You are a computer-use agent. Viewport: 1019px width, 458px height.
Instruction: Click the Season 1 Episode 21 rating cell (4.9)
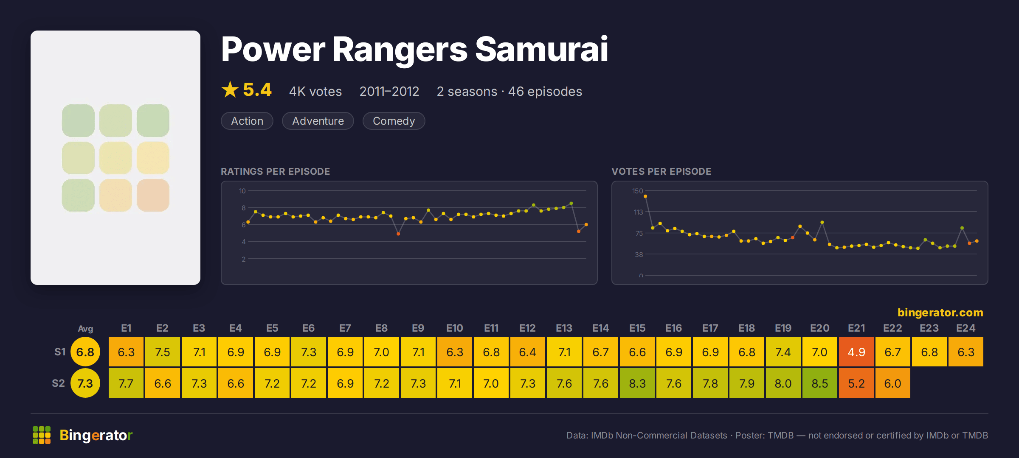856,352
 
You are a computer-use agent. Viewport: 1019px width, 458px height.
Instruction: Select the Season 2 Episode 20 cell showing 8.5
820,383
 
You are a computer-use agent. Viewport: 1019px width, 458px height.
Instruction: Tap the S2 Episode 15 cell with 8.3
637,383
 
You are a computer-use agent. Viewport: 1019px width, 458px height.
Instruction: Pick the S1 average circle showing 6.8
85,352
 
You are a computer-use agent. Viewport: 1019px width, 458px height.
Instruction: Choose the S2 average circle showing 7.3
85,383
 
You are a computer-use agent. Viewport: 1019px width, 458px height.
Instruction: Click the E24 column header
966,328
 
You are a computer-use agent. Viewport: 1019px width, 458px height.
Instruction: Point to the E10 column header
455,328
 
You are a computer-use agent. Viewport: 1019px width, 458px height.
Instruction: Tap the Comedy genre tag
394,121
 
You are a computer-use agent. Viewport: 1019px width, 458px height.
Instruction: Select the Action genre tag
247,121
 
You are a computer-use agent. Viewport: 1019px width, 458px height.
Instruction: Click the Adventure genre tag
318,121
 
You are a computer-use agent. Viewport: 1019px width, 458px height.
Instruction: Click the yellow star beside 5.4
230,89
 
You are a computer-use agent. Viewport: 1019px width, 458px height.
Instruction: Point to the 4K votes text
315,92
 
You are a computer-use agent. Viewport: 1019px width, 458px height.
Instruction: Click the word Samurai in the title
542,49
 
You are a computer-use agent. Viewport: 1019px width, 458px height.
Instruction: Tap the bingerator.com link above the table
940,313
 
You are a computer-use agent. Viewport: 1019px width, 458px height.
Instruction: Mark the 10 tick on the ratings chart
242,191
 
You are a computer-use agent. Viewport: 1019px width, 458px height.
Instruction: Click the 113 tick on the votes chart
638,212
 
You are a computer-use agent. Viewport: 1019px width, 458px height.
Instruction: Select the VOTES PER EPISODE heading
661,171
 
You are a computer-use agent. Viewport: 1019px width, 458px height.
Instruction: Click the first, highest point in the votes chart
645,196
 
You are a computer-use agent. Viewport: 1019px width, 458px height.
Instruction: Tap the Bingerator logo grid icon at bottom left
42,435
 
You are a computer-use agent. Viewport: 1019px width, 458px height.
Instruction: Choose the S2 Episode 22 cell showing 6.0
893,383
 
